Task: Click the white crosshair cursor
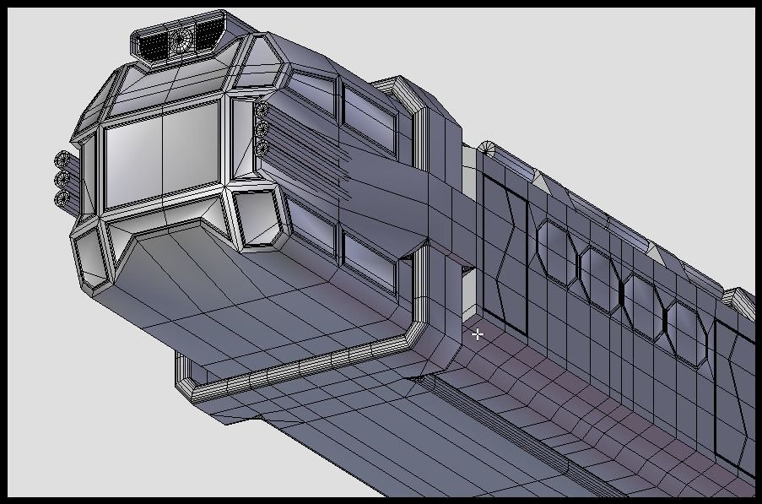point(478,334)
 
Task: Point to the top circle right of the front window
point(262,110)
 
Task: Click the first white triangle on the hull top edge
point(535,176)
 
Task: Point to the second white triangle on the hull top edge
point(654,250)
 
